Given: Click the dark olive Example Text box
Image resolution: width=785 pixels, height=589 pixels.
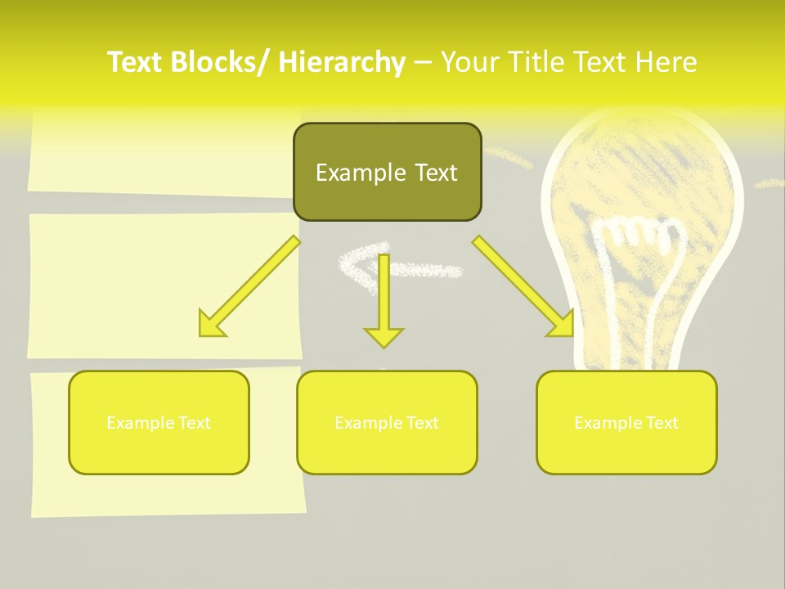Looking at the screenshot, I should click(x=387, y=172).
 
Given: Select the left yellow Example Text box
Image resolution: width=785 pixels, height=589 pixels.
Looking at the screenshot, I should click(x=159, y=423).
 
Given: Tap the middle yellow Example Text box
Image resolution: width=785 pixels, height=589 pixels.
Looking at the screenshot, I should click(x=387, y=423).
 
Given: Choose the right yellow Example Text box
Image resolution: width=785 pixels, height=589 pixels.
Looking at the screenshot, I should click(x=626, y=423).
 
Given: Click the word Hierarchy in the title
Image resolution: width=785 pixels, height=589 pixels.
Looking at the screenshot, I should click(x=342, y=62).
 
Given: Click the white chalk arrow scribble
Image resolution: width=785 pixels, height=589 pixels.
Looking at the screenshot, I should click(x=401, y=263).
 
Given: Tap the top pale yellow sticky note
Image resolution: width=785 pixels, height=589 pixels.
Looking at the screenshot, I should click(x=164, y=151).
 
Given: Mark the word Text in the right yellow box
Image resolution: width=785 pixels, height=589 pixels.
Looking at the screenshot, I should click(x=662, y=423).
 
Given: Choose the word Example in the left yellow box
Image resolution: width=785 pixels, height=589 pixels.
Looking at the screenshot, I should click(x=140, y=423).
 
